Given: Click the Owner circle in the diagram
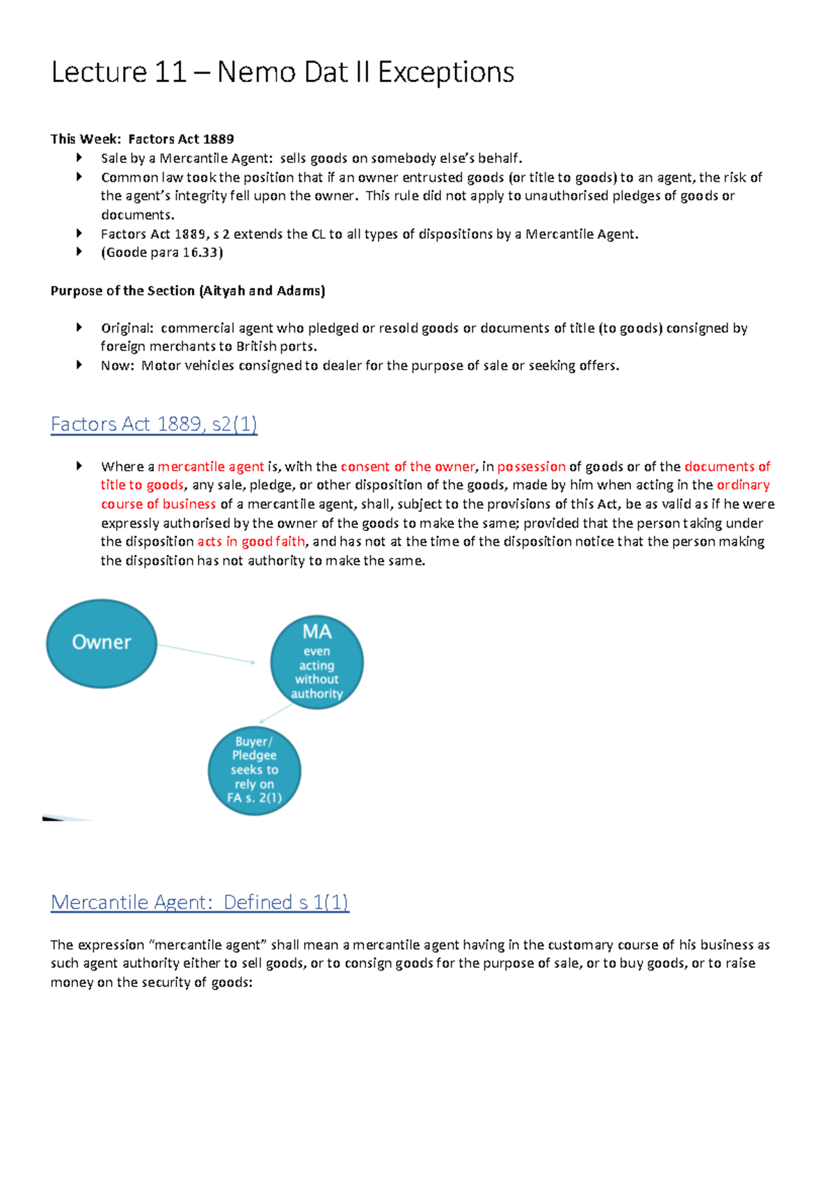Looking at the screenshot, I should pos(102,643).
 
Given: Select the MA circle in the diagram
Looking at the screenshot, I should pos(317,662).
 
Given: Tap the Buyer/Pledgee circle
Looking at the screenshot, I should pos(255,771).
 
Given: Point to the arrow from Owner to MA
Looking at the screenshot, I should pos(206,654).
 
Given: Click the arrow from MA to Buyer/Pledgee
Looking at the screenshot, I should pos(276,714).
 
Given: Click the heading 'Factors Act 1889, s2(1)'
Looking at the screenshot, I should pos(154,424).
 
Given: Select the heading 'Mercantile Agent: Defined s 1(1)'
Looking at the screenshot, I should pos(200,902).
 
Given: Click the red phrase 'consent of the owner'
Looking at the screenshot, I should pos(407,466).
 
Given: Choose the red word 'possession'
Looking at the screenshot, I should pos(531,466).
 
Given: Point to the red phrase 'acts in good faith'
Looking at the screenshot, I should pos(251,542).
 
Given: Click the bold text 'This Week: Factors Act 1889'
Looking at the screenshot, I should pos(142,139).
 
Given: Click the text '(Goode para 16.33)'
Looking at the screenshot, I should pos(162,253).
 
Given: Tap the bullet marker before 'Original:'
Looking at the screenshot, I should pos(79,327).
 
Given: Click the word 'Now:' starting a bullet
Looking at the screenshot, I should pos(117,365).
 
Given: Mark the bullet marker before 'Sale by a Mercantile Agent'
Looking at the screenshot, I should pos(79,158).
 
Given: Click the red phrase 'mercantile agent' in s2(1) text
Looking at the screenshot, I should pos(211,466).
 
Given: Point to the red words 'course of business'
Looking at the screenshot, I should pos(159,504).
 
